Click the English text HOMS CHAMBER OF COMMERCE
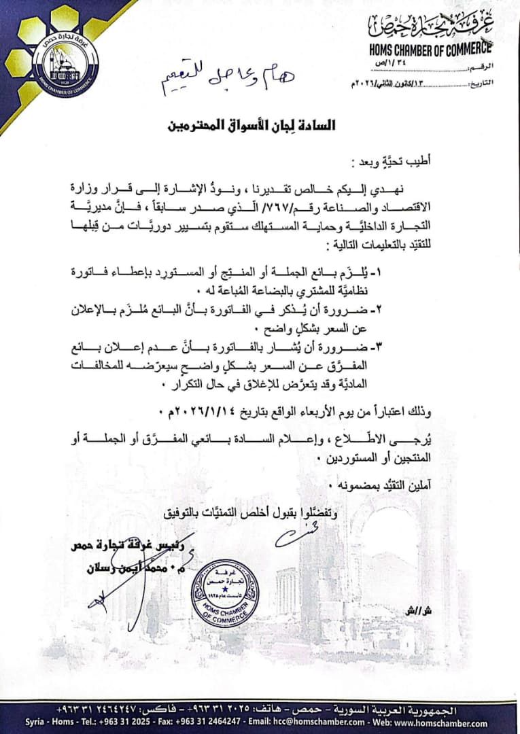click(x=430, y=49)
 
